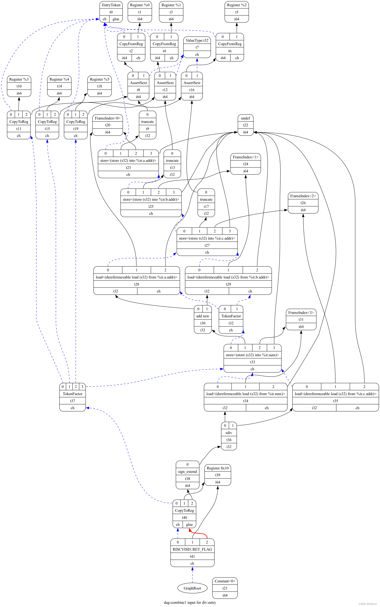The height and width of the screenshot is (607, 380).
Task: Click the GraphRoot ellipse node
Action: (x=192, y=588)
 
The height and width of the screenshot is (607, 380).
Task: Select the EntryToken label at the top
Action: (x=111, y=5)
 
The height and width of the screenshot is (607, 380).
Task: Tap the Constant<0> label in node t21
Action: (x=225, y=581)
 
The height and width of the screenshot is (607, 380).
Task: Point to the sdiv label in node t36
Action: (x=229, y=433)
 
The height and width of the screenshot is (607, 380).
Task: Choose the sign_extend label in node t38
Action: (x=187, y=472)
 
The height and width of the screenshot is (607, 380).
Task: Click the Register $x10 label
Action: (x=218, y=468)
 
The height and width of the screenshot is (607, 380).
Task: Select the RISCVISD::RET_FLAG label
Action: (x=192, y=549)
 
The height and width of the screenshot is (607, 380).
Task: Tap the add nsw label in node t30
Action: (x=203, y=316)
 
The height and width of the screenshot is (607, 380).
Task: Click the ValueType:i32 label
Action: (x=197, y=40)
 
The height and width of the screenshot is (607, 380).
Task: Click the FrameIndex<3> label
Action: (x=301, y=313)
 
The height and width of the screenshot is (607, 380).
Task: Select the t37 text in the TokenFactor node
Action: (x=72, y=401)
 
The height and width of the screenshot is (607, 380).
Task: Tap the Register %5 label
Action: (x=99, y=79)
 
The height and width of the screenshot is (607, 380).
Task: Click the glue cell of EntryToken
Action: (x=116, y=19)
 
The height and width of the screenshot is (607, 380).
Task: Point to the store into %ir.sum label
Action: (x=252, y=355)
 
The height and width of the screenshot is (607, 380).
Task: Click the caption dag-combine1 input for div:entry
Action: (x=190, y=602)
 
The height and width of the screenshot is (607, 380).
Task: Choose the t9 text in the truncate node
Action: (x=148, y=129)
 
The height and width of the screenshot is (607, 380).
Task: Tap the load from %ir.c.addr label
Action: (x=336, y=394)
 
